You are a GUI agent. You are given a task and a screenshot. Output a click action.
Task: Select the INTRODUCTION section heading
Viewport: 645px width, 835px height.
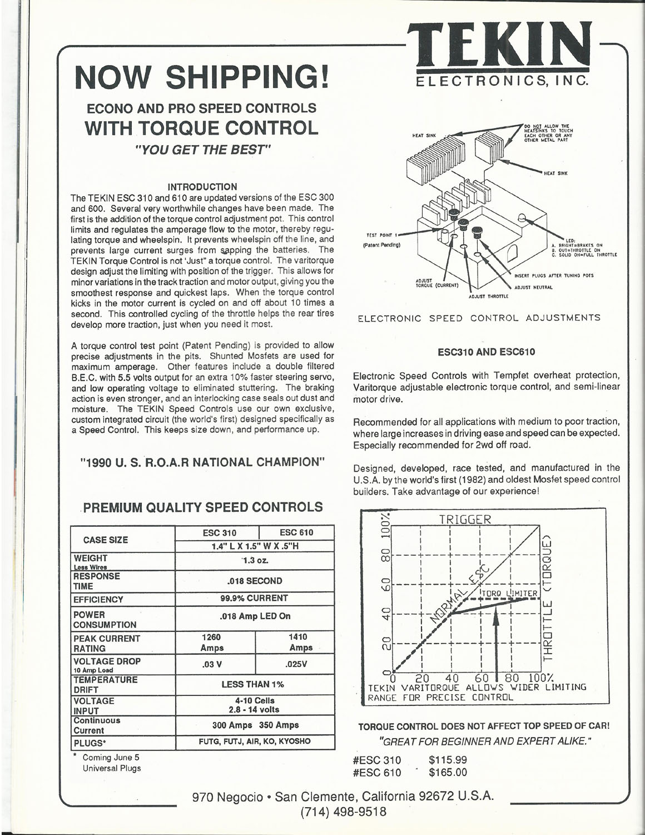click(202, 187)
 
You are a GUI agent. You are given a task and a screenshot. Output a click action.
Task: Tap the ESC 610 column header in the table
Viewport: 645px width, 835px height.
click(296, 532)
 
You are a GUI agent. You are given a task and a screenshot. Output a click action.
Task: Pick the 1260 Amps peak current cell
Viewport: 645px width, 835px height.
click(212, 643)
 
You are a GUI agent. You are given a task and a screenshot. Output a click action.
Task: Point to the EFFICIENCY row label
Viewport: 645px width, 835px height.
click(98, 600)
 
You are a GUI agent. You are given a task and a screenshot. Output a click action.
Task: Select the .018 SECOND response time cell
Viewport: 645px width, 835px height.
click(255, 581)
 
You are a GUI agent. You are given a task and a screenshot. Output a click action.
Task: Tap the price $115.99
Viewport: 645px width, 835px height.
click(448, 760)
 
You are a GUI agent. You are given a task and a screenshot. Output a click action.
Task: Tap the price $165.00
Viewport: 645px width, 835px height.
click(448, 772)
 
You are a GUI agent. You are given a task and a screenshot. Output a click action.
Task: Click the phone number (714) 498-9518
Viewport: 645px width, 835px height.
click(343, 812)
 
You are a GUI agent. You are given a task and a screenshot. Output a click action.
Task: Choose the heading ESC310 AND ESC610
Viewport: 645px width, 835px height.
click(486, 352)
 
